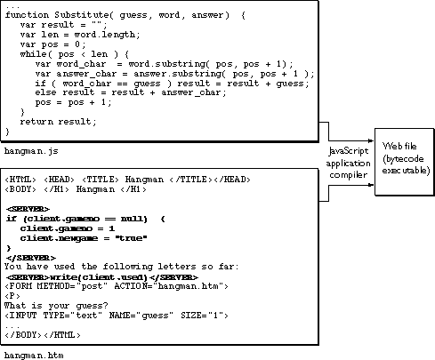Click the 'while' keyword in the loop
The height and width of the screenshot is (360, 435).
tap(32, 56)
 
